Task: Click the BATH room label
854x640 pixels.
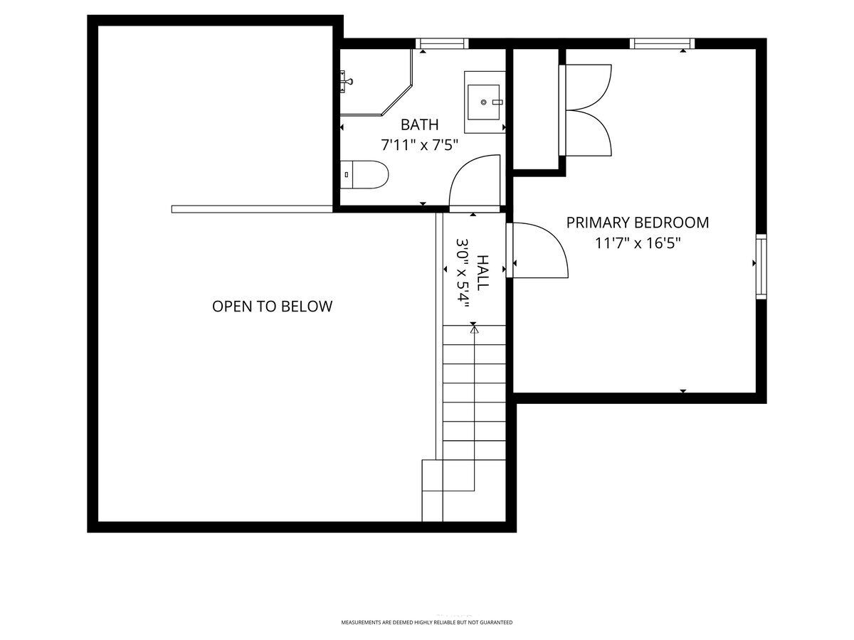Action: [x=419, y=124]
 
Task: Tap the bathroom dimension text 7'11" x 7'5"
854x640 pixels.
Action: [x=419, y=145]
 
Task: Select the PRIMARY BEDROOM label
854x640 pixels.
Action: [x=637, y=223]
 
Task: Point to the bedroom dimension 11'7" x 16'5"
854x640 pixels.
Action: [x=638, y=243]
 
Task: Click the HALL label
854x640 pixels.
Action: [x=482, y=272]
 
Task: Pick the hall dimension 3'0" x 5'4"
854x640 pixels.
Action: [x=462, y=273]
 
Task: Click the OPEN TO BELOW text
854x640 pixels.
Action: [x=273, y=306]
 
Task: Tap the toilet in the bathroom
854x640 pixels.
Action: [x=364, y=175]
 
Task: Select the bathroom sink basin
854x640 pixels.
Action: [x=483, y=102]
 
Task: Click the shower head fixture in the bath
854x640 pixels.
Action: [x=346, y=82]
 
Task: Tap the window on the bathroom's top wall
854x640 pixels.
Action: [x=442, y=43]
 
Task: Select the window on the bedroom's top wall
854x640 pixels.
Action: [x=662, y=43]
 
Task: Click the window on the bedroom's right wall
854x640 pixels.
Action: [x=761, y=267]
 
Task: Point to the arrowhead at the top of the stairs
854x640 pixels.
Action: [x=474, y=330]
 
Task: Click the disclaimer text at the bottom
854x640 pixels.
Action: [x=427, y=622]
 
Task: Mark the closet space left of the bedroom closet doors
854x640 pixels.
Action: [x=536, y=109]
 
